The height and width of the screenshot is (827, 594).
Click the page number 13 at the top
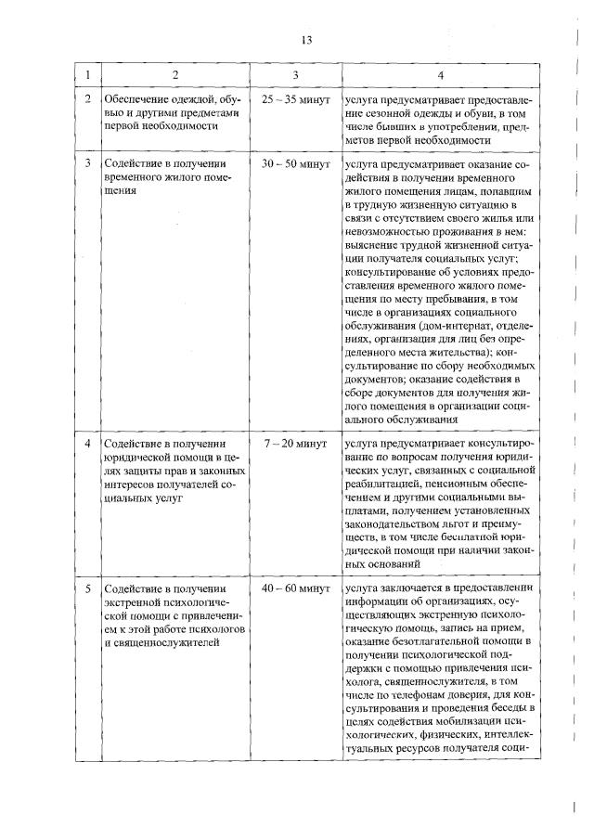click(x=308, y=39)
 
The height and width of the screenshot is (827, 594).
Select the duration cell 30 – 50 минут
click(x=295, y=163)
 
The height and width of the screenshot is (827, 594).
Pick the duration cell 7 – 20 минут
click(x=295, y=445)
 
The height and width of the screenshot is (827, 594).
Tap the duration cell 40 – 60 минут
click(x=295, y=588)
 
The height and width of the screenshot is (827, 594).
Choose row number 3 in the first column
click(x=88, y=163)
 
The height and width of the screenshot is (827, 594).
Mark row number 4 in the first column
click(x=88, y=445)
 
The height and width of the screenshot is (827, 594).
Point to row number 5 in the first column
click(x=88, y=588)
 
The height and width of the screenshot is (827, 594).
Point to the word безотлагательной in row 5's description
click(x=433, y=641)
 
